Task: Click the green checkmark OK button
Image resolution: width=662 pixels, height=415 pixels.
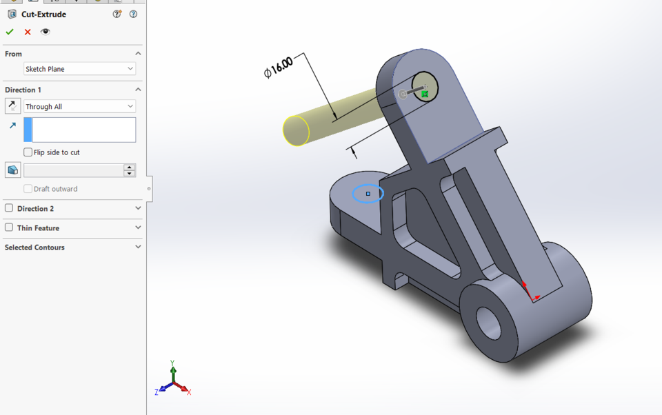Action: [10, 32]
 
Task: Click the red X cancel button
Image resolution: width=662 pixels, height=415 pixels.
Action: [28, 32]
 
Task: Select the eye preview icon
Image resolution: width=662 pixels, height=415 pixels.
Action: [46, 32]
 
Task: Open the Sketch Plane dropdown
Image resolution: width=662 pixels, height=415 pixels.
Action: [79, 69]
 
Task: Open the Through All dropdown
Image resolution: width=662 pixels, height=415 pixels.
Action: [79, 106]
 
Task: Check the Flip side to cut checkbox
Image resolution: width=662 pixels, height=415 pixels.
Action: [28, 152]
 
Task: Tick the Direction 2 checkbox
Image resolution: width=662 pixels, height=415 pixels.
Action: [9, 208]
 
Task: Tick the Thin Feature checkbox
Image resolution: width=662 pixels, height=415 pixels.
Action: [9, 227]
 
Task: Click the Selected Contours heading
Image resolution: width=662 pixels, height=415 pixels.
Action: [34, 247]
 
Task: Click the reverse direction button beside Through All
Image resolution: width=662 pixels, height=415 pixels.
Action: [12, 106]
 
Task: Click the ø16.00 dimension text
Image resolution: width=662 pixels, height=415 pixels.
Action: [279, 67]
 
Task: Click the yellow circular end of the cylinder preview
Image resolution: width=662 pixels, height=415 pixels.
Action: [296, 131]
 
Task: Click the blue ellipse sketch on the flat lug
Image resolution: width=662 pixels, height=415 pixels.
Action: [368, 194]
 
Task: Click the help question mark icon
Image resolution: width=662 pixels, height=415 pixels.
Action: [133, 14]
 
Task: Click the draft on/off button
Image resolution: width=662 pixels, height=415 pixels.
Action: [12, 170]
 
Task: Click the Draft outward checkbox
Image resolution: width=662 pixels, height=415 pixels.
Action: [28, 189]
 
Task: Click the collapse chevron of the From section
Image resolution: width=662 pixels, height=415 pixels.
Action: [138, 54]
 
